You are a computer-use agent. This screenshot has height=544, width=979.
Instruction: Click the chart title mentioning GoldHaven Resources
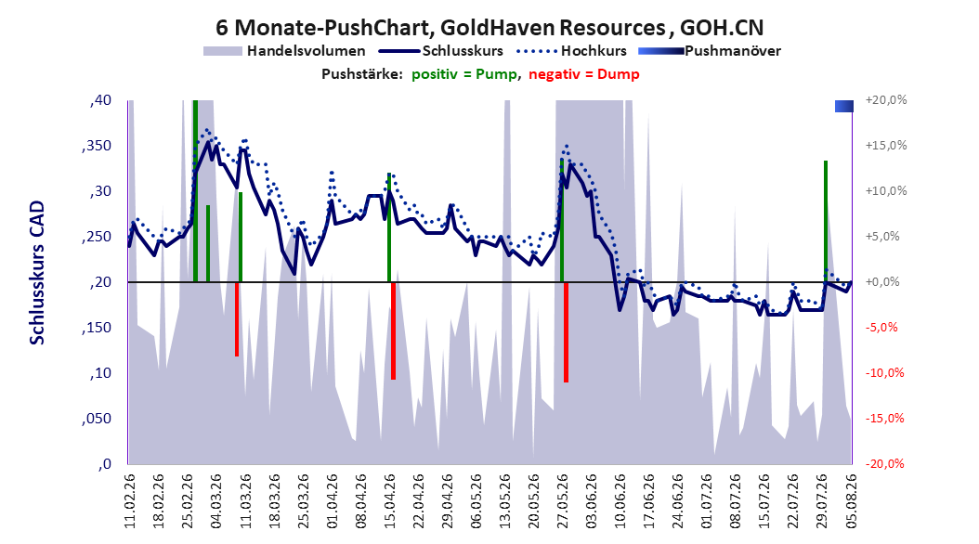pos(489,28)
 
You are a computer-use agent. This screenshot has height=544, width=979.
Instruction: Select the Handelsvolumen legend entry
pos(285,51)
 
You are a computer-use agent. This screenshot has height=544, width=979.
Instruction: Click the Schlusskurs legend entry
pos(441,51)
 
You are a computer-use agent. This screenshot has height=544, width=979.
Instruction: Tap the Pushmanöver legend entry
pos(710,51)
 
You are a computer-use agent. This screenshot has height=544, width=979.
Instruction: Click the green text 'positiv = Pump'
pos(464,74)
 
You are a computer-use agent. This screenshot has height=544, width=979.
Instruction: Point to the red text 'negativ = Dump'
pos(584,74)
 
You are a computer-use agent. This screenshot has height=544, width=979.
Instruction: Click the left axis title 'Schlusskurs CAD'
pos(37,273)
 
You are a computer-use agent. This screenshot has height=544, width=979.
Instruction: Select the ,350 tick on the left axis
pos(97,146)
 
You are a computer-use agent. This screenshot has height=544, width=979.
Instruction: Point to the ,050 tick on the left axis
pos(97,419)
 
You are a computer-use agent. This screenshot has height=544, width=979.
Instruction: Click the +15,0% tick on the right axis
pos(886,146)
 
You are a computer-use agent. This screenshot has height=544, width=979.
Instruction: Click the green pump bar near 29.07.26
pos(826,222)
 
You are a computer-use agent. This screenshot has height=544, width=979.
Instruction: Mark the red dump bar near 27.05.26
pos(566,332)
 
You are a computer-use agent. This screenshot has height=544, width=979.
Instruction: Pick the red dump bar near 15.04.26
pos(393,330)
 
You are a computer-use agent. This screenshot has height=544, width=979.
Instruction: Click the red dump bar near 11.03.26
pos(237,318)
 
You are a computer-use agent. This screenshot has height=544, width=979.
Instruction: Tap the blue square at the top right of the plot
pos(844,106)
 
